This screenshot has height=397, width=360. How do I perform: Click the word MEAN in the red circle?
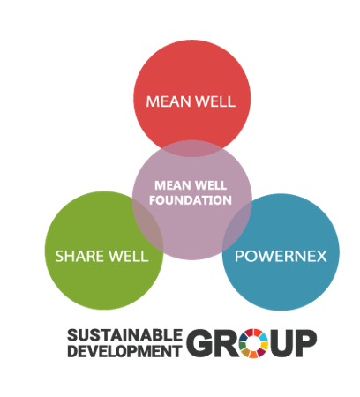(x=169, y=101)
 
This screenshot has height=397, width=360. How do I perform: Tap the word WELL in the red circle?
(x=215, y=101)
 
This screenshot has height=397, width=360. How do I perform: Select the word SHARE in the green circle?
(x=79, y=256)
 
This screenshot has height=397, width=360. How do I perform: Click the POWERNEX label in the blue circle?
(x=281, y=256)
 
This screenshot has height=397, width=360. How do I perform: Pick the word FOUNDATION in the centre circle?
(x=191, y=200)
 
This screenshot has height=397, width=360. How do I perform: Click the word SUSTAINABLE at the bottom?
(x=125, y=335)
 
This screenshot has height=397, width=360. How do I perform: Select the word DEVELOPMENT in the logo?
(x=125, y=351)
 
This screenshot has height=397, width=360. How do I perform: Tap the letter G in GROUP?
(x=201, y=343)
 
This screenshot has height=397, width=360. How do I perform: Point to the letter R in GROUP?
(x=228, y=343)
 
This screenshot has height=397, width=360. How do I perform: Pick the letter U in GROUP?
(x=281, y=343)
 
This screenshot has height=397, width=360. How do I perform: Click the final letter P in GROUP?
(x=306, y=343)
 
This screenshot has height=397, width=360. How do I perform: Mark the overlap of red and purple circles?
(x=191, y=148)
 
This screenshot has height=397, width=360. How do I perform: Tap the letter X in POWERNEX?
(x=320, y=256)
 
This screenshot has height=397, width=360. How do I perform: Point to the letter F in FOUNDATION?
(x=153, y=200)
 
